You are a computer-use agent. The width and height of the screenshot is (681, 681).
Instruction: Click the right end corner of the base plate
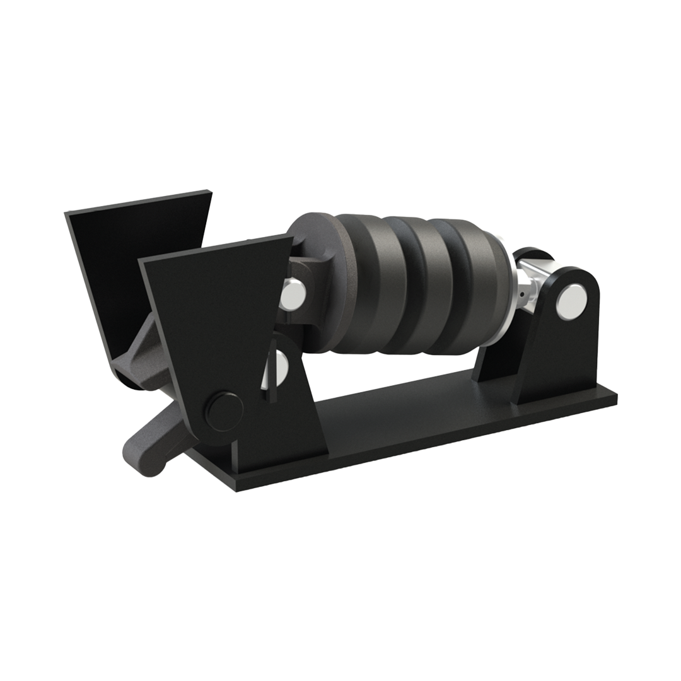coord(615,397)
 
